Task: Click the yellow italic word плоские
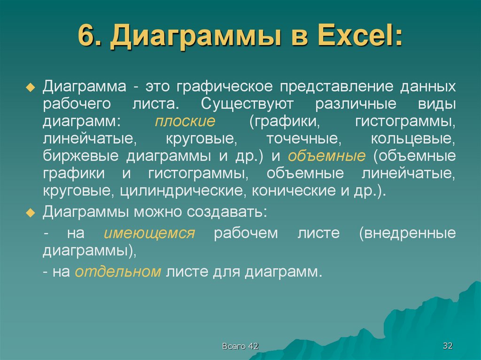pos(185,122)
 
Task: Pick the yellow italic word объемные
pos(327,156)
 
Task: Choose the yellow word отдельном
pos(118,272)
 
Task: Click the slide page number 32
pos(447,346)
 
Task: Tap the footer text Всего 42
pos(240,346)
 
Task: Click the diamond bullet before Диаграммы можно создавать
pos(31,213)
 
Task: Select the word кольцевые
pos(413,139)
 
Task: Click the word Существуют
pos(240,104)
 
